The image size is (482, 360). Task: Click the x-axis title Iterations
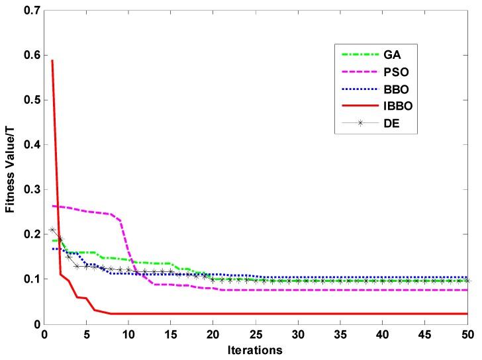coord(255,349)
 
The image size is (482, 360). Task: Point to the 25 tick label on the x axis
coord(255,335)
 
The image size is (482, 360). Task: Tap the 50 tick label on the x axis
coord(467,335)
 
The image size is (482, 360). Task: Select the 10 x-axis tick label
coord(128,335)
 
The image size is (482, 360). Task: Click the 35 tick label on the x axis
coord(340,335)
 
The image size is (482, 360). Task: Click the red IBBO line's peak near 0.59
coord(52,60)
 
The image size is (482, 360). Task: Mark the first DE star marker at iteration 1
coord(52,230)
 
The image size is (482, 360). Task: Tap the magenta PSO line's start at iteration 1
coord(52,206)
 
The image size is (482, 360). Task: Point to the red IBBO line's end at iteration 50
coord(467,314)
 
